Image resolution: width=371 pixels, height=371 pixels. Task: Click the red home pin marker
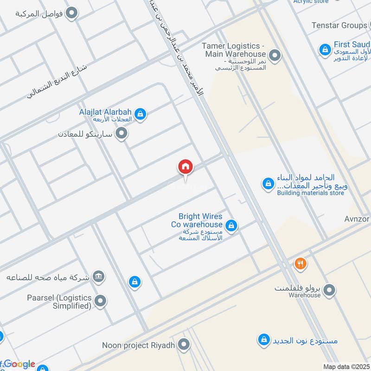185,166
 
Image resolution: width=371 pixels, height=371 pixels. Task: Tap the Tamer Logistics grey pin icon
275,56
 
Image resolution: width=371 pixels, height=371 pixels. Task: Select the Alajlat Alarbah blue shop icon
141,114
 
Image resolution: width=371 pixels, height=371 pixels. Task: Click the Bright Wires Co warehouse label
200,220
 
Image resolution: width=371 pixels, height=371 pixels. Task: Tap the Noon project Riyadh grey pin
184,345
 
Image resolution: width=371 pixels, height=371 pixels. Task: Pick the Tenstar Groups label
339,25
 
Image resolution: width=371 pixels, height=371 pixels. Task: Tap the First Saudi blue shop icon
325,49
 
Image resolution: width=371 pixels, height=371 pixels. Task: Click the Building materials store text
311,193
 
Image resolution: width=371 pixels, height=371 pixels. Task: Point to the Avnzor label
357,218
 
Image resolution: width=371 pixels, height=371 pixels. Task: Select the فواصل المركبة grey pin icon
71,13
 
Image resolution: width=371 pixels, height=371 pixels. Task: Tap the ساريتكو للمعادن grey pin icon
122,134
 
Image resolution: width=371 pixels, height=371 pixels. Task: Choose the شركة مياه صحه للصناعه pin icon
98,277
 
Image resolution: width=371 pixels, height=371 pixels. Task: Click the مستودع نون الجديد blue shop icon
264,340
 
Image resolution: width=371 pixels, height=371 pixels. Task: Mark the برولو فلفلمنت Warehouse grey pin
329,291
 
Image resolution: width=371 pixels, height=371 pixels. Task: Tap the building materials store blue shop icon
268,184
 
